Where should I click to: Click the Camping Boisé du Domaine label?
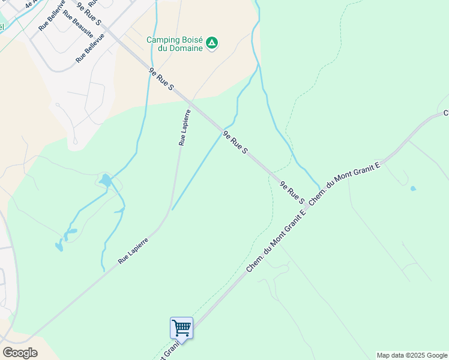pyautogui.click(x=175, y=44)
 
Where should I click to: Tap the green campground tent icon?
pyautogui.click(x=211, y=43)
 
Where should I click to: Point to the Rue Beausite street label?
pyautogui.click(x=77, y=22)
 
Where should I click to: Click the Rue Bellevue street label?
pyautogui.click(x=90, y=48)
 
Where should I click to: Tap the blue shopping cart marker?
pyautogui.click(x=181, y=328)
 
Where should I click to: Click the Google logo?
pyautogui.click(x=20, y=353)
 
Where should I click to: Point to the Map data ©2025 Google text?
pyautogui.click(x=412, y=355)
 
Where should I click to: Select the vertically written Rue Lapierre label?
pyautogui.click(x=184, y=127)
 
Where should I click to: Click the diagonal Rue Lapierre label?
pyautogui.click(x=133, y=250)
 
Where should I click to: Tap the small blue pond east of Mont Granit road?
pyautogui.click(x=413, y=188)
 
